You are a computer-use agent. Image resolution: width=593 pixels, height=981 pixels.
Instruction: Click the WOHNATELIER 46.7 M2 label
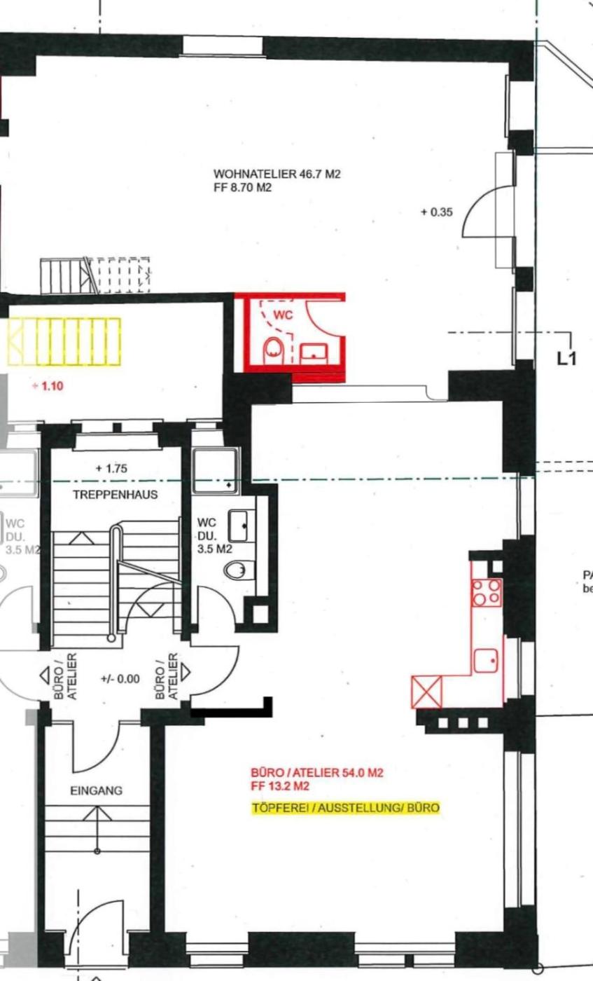click(x=277, y=174)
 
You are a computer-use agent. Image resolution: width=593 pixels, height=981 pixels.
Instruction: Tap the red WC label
click(x=283, y=315)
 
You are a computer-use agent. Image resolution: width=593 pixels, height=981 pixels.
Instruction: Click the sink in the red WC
click(x=314, y=354)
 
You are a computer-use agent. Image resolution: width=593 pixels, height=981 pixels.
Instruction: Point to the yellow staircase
click(x=64, y=342)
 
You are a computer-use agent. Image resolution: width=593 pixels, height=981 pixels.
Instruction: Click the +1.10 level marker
click(x=48, y=386)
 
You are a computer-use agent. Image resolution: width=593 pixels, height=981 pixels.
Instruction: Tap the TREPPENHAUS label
click(x=115, y=495)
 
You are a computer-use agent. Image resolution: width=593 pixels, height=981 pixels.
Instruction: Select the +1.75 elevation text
click(x=111, y=469)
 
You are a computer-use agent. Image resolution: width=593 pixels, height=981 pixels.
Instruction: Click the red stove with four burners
click(x=486, y=593)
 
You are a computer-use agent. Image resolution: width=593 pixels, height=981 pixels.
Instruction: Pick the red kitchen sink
click(x=486, y=660)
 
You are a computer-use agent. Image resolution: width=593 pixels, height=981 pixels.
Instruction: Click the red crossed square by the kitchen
click(x=426, y=692)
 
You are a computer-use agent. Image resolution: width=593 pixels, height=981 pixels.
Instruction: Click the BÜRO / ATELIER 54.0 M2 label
click(x=317, y=772)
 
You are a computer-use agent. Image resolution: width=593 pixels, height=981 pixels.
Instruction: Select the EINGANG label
click(x=97, y=791)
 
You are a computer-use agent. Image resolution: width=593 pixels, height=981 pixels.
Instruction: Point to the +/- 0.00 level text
click(x=120, y=679)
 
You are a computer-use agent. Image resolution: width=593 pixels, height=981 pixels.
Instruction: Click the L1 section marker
click(x=566, y=359)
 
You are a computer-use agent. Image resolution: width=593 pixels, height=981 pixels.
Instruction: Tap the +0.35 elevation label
click(x=437, y=212)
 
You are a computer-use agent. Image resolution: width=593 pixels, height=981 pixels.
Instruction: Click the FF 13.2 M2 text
click(x=280, y=786)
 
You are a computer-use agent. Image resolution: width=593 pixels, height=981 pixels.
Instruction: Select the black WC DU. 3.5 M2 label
click(x=214, y=535)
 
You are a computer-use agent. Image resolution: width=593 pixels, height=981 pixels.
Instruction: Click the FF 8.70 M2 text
click(x=242, y=188)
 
